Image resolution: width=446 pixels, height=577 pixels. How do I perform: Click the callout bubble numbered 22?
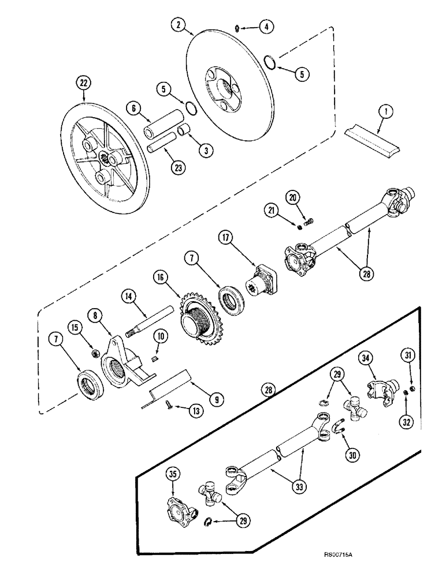(84, 83)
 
